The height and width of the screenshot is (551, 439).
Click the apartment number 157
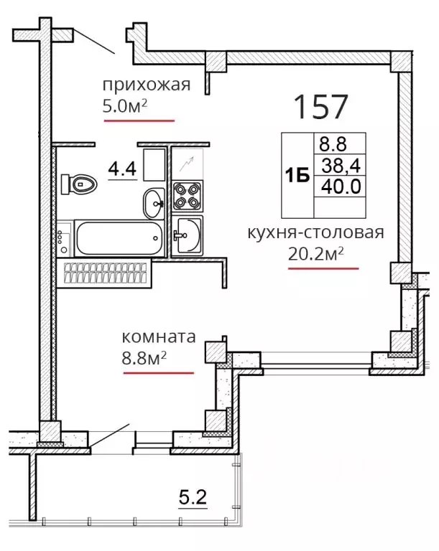coord(320,106)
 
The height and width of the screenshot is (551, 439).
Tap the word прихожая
coord(147,85)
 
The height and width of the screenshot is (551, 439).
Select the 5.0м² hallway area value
coord(124,105)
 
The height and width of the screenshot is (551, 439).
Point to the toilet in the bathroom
coord(79,184)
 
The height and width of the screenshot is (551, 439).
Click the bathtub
coord(119,238)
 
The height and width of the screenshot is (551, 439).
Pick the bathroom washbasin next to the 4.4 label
coord(154,204)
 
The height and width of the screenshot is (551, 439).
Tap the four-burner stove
coord(188,196)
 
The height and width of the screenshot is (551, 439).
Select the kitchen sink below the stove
coord(188,235)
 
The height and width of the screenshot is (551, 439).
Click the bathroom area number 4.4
coord(122,169)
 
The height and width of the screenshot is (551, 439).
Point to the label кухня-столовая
coord(316,232)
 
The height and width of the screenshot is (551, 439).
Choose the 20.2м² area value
coord(316,254)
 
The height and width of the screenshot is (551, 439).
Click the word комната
coord(158,336)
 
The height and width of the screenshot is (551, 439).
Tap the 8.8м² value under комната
coord(144,359)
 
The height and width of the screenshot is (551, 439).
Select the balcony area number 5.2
coord(193,497)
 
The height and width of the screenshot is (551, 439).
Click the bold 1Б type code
coord(297,175)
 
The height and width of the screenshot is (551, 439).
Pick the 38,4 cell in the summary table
coord(341,165)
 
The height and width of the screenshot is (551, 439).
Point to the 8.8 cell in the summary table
coord(333,143)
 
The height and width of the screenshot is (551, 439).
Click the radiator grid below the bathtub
coord(105,273)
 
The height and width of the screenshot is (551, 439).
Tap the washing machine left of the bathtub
coord(65,239)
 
